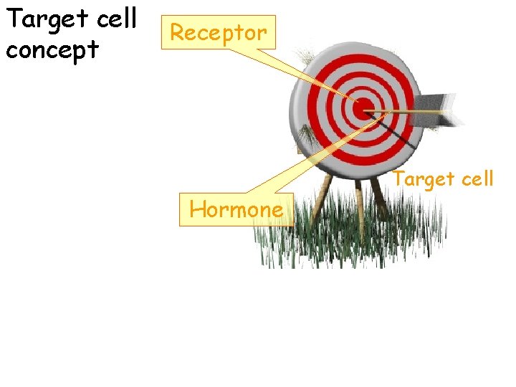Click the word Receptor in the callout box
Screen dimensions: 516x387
point(218,32)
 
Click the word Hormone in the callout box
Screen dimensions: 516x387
point(236,210)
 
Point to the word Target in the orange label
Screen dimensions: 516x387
point(425,178)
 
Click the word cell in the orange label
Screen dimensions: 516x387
point(477,178)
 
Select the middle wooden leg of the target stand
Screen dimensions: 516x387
point(358,208)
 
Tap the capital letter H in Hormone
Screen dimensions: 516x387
point(197,210)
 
